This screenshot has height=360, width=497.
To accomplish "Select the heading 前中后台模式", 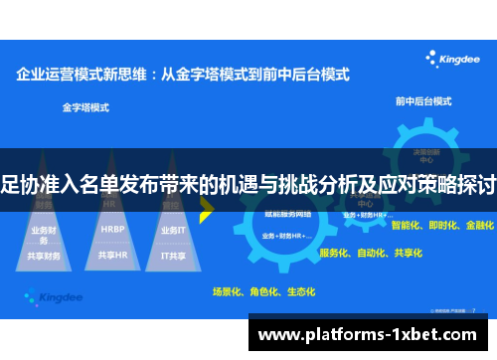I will point(423,101).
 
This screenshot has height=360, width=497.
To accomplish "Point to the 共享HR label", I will point(112,255).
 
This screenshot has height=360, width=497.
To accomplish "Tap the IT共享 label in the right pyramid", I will point(174,255).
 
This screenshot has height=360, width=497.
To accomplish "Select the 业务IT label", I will point(173,229).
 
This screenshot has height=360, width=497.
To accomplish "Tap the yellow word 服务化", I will point(334,253).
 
